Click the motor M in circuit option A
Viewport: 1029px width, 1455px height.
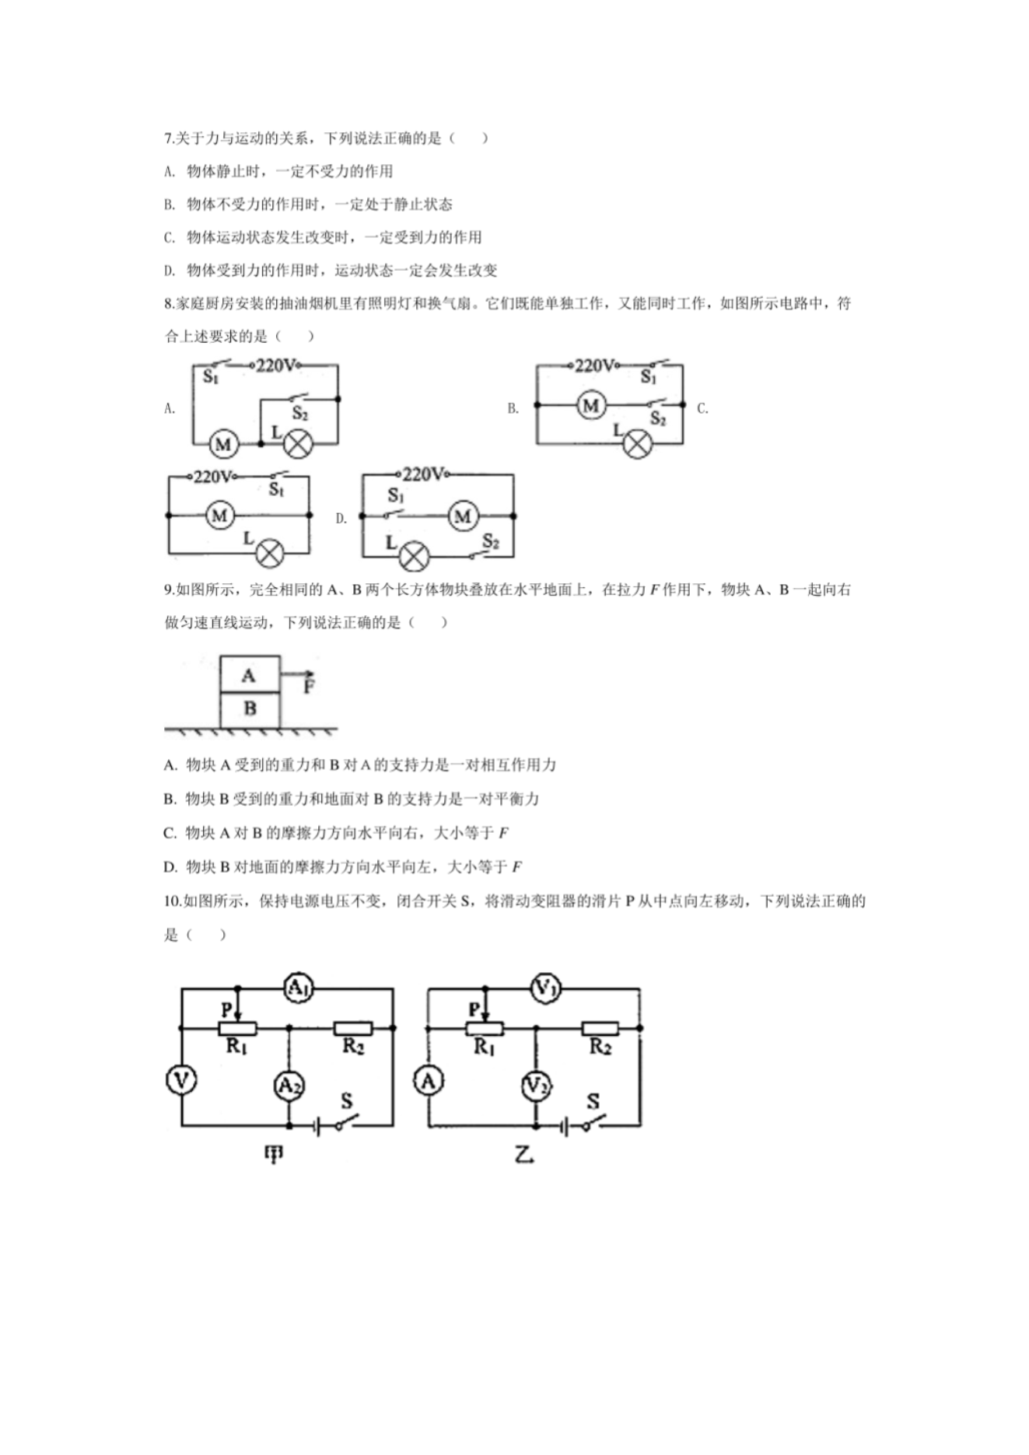tap(223, 444)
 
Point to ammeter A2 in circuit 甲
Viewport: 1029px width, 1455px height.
tap(289, 1086)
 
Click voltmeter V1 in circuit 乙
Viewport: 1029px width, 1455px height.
tap(544, 988)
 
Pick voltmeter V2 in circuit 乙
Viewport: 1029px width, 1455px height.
tap(535, 1086)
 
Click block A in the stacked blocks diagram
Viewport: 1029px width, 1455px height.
tap(249, 675)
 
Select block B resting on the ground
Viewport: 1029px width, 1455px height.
tap(249, 708)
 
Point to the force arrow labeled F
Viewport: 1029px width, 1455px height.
tap(299, 675)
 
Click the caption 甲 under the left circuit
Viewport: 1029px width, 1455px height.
tap(273, 1155)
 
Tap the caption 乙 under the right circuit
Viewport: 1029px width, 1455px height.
tap(524, 1155)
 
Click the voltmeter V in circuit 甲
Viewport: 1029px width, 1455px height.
tap(182, 1079)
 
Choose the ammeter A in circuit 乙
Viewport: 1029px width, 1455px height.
tap(429, 1080)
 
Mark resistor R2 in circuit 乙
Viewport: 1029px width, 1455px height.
tap(600, 1028)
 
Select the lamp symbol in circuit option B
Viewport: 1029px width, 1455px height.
tap(638, 444)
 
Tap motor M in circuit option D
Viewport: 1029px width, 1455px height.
tap(463, 516)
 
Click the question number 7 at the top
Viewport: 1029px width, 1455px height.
tap(168, 138)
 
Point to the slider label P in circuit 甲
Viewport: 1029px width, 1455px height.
tap(226, 1009)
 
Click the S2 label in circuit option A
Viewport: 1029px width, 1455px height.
tap(300, 413)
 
